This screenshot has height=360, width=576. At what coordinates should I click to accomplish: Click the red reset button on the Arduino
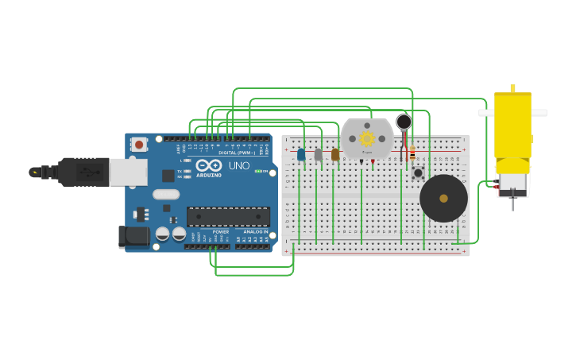point(139,145)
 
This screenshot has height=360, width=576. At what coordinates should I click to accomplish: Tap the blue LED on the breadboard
point(301,154)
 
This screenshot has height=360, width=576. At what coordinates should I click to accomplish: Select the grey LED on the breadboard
point(318,155)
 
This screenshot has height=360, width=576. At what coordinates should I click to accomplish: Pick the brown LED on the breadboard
point(335,154)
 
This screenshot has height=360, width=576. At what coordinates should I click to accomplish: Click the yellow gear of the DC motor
point(367,138)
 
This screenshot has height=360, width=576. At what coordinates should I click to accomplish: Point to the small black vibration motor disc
point(404,122)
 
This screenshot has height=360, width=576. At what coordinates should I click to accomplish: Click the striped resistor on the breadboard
point(412,153)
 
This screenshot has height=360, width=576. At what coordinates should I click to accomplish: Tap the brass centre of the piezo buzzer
point(443,199)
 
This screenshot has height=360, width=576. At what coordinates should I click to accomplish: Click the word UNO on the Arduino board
point(239,166)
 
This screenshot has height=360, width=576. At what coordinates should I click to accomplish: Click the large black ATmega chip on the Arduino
point(228,216)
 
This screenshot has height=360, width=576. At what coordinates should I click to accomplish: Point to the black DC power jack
point(133,236)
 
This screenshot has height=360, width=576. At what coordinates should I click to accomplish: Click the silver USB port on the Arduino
point(128,172)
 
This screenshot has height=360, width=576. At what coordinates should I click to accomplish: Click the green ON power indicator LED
point(257,171)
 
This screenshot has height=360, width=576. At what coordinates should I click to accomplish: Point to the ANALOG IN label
point(255,232)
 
